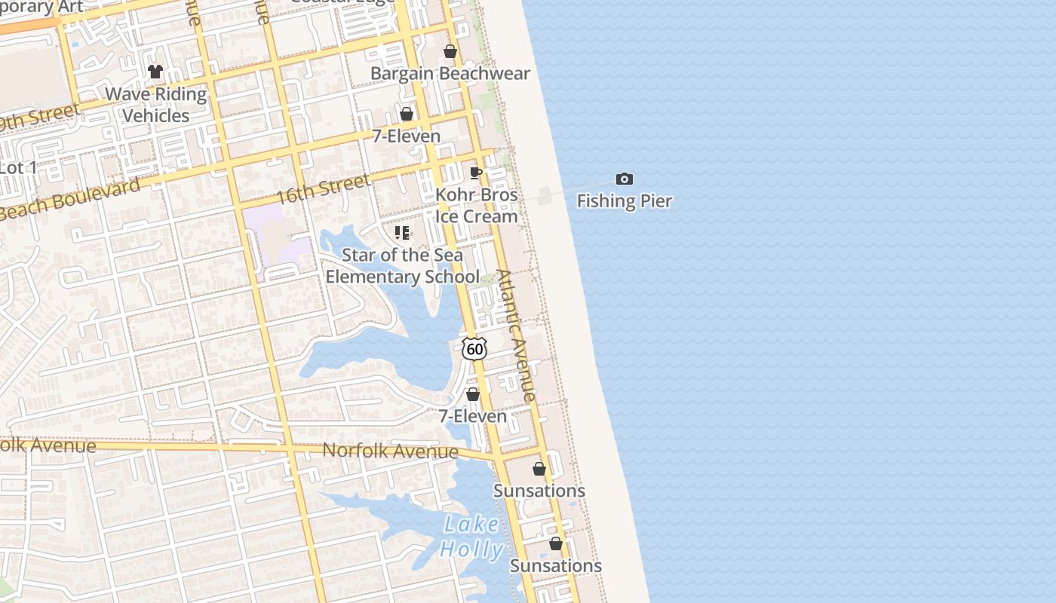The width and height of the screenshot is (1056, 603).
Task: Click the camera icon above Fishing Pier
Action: click(x=625, y=179)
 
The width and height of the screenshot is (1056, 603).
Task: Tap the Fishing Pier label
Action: click(x=625, y=201)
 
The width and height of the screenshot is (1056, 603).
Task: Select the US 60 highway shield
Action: click(x=474, y=348)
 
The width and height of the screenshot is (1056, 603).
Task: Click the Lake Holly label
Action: click(x=471, y=537)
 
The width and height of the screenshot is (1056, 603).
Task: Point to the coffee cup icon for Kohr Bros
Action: click(x=476, y=173)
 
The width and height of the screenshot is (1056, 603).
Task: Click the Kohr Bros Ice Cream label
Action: click(x=477, y=206)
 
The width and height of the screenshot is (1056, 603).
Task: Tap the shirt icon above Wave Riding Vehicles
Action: click(x=155, y=72)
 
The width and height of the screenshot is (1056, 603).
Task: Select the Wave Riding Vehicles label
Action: click(x=156, y=105)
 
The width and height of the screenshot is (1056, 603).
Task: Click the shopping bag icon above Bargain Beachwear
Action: click(x=450, y=52)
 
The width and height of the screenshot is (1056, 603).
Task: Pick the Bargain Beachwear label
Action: click(x=450, y=74)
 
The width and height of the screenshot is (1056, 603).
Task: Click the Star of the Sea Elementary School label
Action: click(x=402, y=266)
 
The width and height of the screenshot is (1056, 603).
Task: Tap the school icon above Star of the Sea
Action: click(x=402, y=233)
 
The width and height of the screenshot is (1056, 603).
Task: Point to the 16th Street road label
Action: click(x=323, y=188)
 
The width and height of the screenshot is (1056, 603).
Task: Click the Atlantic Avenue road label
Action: click(x=517, y=335)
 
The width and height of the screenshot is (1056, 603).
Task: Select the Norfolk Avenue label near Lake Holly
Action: click(x=390, y=451)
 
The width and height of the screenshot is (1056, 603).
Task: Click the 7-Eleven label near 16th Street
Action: click(x=407, y=136)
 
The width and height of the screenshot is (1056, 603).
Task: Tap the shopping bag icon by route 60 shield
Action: click(x=473, y=394)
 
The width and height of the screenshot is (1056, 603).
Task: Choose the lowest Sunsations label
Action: click(x=556, y=566)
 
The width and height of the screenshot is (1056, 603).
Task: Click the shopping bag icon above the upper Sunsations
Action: click(x=539, y=469)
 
